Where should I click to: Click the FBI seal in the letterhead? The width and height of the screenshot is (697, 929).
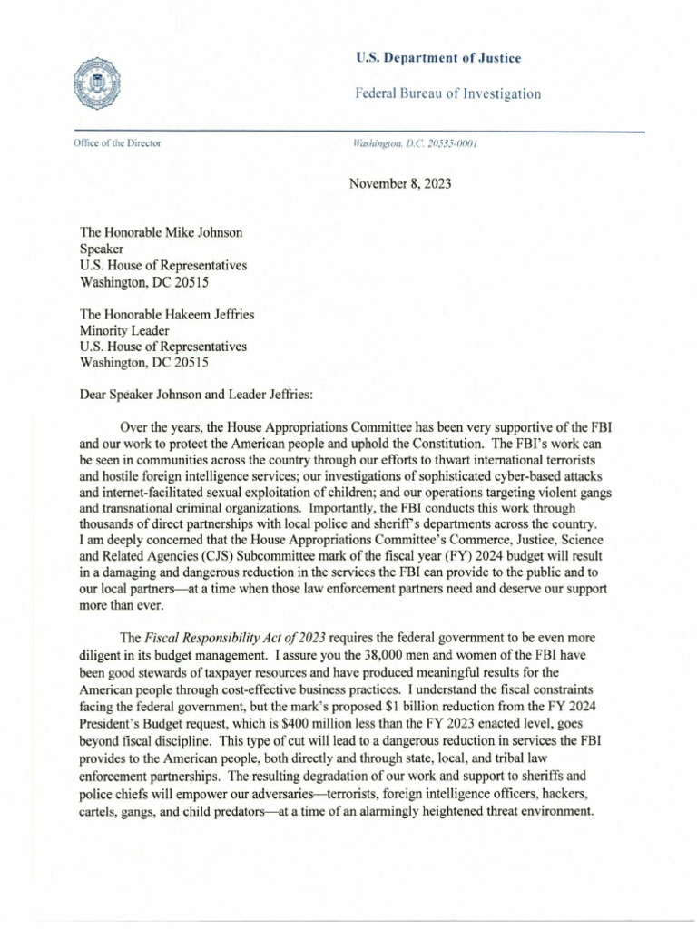pyautogui.click(x=99, y=84)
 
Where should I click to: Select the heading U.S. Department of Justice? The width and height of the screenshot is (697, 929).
pyautogui.click(x=437, y=59)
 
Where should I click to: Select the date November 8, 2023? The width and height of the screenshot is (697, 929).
pyautogui.click(x=399, y=183)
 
